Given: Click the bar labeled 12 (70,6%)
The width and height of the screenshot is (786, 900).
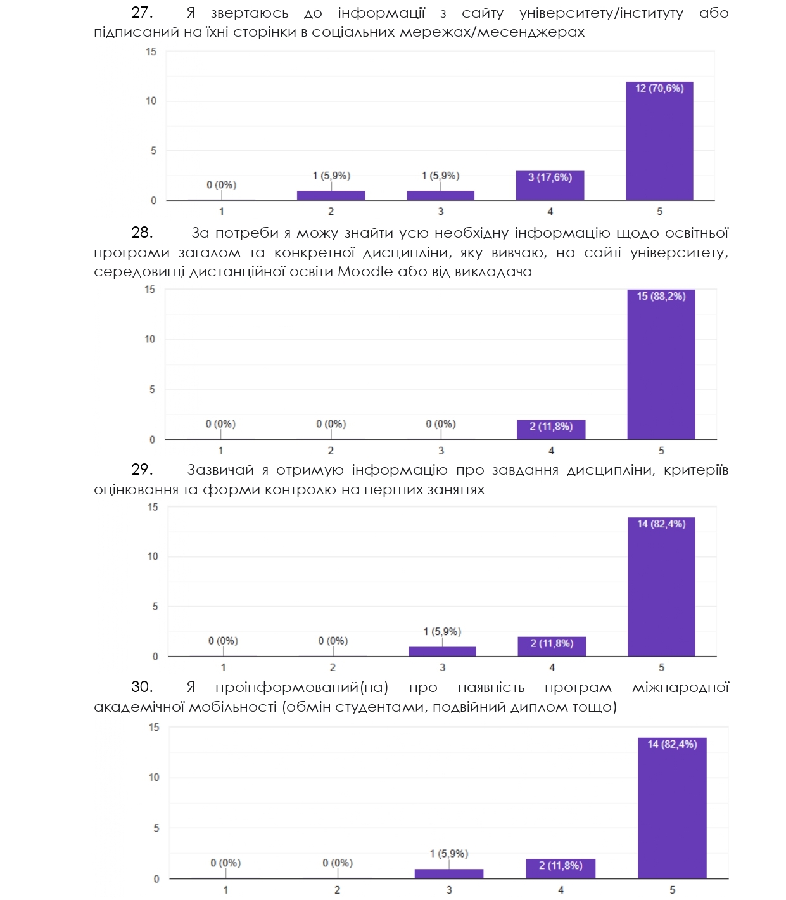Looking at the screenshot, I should (x=659, y=141).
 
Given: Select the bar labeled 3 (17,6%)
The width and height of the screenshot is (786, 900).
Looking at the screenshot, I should (x=550, y=186).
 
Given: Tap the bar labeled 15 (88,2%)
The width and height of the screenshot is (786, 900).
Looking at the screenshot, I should (x=661, y=364).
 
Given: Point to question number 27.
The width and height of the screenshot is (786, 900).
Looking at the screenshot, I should (x=141, y=13).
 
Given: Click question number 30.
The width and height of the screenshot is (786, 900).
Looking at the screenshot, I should (x=141, y=687).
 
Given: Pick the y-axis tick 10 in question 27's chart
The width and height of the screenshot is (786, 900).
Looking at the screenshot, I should (x=151, y=101).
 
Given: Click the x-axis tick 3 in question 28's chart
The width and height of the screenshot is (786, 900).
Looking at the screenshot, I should (x=441, y=451).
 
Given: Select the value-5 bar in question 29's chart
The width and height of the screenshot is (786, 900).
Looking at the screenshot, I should (x=661, y=587).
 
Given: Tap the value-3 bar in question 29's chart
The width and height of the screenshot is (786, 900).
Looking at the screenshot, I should (x=442, y=652).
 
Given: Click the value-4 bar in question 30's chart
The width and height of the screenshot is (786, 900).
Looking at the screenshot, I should (x=561, y=869).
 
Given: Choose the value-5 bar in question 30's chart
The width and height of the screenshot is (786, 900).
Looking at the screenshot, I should (x=672, y=808).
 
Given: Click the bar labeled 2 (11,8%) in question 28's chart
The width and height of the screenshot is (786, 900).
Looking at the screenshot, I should (x=551, y=430).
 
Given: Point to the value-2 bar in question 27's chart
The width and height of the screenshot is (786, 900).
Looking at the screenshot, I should (x=331, y=195).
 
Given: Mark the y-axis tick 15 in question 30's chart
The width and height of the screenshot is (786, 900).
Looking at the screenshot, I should (x=154, y=728).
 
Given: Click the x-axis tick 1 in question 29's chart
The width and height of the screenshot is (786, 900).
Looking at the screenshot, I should (x=223, y=667).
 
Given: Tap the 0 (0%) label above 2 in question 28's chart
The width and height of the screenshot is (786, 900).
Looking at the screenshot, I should (x=331, y=424).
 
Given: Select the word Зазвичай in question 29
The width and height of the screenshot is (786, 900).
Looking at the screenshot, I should (x=221, y=470).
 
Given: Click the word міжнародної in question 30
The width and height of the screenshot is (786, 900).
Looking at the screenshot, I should (x=680, y=688).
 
